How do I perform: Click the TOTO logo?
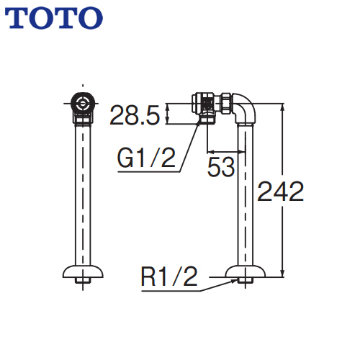[54, 18]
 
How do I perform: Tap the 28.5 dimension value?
[135, 115]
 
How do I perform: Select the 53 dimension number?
[221, 167]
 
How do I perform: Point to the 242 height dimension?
[280, 192]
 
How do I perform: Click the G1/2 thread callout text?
[146, 158]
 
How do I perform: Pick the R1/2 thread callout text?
[169, 276]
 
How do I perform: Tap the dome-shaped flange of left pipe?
[83, 271]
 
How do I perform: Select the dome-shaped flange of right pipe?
[246, 271]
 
